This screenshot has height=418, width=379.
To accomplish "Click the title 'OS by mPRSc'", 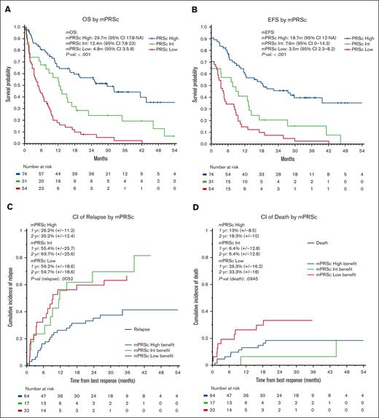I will tap(97, 9).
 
